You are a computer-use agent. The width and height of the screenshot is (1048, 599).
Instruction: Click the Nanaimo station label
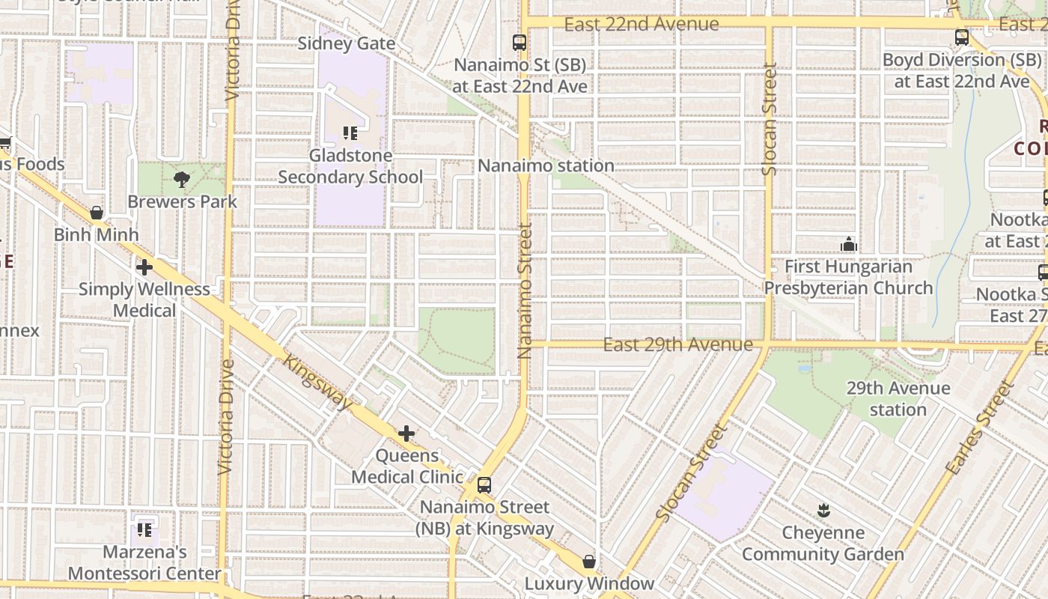pos(546,165)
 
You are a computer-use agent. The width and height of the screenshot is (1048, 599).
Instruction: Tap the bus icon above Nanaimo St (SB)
pos(519,43)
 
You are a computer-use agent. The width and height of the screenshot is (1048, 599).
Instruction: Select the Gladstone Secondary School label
pos(350,166)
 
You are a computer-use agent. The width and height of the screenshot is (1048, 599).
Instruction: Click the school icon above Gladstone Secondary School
pos(350,133)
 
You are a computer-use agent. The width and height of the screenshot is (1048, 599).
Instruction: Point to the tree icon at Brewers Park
pos(181,179)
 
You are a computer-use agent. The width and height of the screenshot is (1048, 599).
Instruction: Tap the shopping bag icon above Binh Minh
pos(96,213)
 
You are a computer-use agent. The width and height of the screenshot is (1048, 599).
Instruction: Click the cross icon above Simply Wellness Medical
pos(144,267)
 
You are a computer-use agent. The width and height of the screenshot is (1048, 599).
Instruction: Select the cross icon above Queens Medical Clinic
pos(406,434)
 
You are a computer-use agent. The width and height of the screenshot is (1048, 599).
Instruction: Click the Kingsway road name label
pos(317,381)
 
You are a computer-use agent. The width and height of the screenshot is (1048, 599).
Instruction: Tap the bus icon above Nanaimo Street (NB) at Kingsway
pos(484,484)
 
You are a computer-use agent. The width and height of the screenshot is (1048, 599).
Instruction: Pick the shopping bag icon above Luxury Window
pos(589,561)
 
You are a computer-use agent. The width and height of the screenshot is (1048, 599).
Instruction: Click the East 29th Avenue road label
pos(677,344)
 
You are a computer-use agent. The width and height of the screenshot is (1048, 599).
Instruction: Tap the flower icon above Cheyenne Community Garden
pos(823,511)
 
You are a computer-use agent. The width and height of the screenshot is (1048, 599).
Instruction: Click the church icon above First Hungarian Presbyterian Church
pos(848,244)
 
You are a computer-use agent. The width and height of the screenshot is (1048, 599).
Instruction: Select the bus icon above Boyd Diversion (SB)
pos(961,37)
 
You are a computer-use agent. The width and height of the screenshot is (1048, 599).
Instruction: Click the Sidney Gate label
pos(347,43)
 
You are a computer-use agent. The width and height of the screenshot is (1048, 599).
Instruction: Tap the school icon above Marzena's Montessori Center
pos(144,530)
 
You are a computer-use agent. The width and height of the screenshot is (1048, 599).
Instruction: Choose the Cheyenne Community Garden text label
pos(823,544)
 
